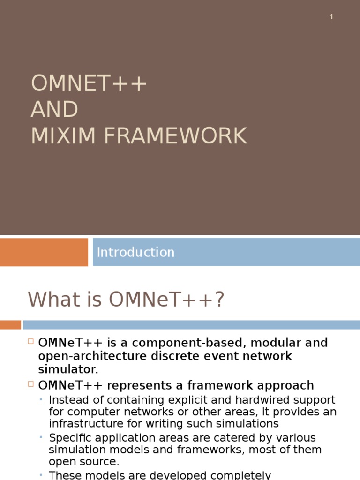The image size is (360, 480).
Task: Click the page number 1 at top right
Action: [x=331, y=17]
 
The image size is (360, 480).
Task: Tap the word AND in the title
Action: [x=54, y=110]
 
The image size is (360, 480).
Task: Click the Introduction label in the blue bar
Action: [x=135, y=252]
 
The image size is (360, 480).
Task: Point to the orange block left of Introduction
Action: [x=44, y=252]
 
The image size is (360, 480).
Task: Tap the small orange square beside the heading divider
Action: [x=10, y=325]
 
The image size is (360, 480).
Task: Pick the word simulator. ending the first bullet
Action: [x=68, y=369]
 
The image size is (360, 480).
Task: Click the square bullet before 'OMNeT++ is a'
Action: [x=31, y=342]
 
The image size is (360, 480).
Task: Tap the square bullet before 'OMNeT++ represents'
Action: [x=31, y=384]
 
